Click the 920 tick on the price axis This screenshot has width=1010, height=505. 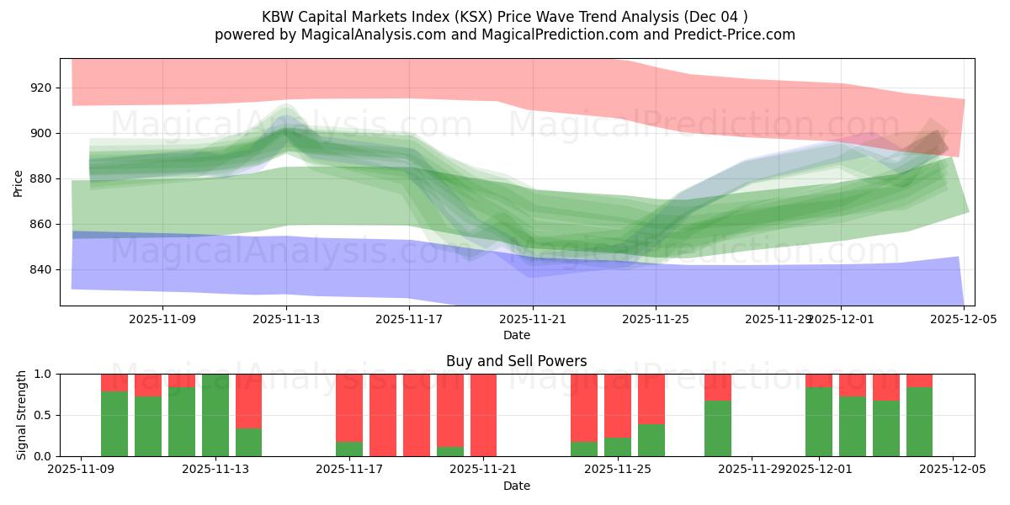pos(41,88)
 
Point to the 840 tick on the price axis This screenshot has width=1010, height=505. pos(41,269)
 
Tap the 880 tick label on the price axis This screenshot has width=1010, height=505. pos(41,178)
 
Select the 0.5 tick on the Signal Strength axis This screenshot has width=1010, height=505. pos(42,415)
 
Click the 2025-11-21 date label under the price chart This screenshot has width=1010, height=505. pos(533,319)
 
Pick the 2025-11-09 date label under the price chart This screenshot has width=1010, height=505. pos(162,319)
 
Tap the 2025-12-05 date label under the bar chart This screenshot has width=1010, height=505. pos(952,470)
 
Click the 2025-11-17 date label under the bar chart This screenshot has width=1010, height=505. pos(349,470)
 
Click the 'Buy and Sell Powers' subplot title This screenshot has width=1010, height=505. pos(516,362)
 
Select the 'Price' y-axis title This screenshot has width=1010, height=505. pos(19,183)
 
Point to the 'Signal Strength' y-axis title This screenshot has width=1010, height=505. pos(22,415)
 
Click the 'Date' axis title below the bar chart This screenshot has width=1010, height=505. pos(516,486)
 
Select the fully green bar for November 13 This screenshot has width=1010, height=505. pos(215,415)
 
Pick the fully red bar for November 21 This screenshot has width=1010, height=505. pos(484,415)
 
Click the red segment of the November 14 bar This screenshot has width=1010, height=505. pos(248,401)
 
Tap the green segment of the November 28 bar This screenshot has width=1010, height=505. pos(718,428)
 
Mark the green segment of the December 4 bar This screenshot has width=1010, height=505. pos(919,422)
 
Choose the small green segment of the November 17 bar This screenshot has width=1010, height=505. pos(349,449)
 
